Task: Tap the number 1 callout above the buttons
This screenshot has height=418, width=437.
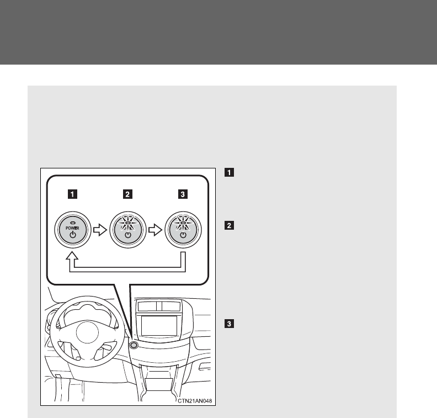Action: point(73,194)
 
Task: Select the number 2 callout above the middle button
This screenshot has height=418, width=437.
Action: point(127,194)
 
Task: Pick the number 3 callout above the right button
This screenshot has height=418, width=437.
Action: point(183,194)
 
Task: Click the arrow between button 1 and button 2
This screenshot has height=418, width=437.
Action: point(99,228)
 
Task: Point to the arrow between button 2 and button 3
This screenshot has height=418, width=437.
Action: point(154,228)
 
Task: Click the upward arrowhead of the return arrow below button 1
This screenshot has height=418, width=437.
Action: point(72,258)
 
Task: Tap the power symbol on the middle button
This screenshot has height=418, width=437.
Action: point(127,235)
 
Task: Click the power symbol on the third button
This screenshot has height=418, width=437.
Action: point(183,235)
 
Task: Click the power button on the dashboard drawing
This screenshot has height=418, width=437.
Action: point(134,345)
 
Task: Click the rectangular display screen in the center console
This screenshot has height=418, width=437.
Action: point(159,325)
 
